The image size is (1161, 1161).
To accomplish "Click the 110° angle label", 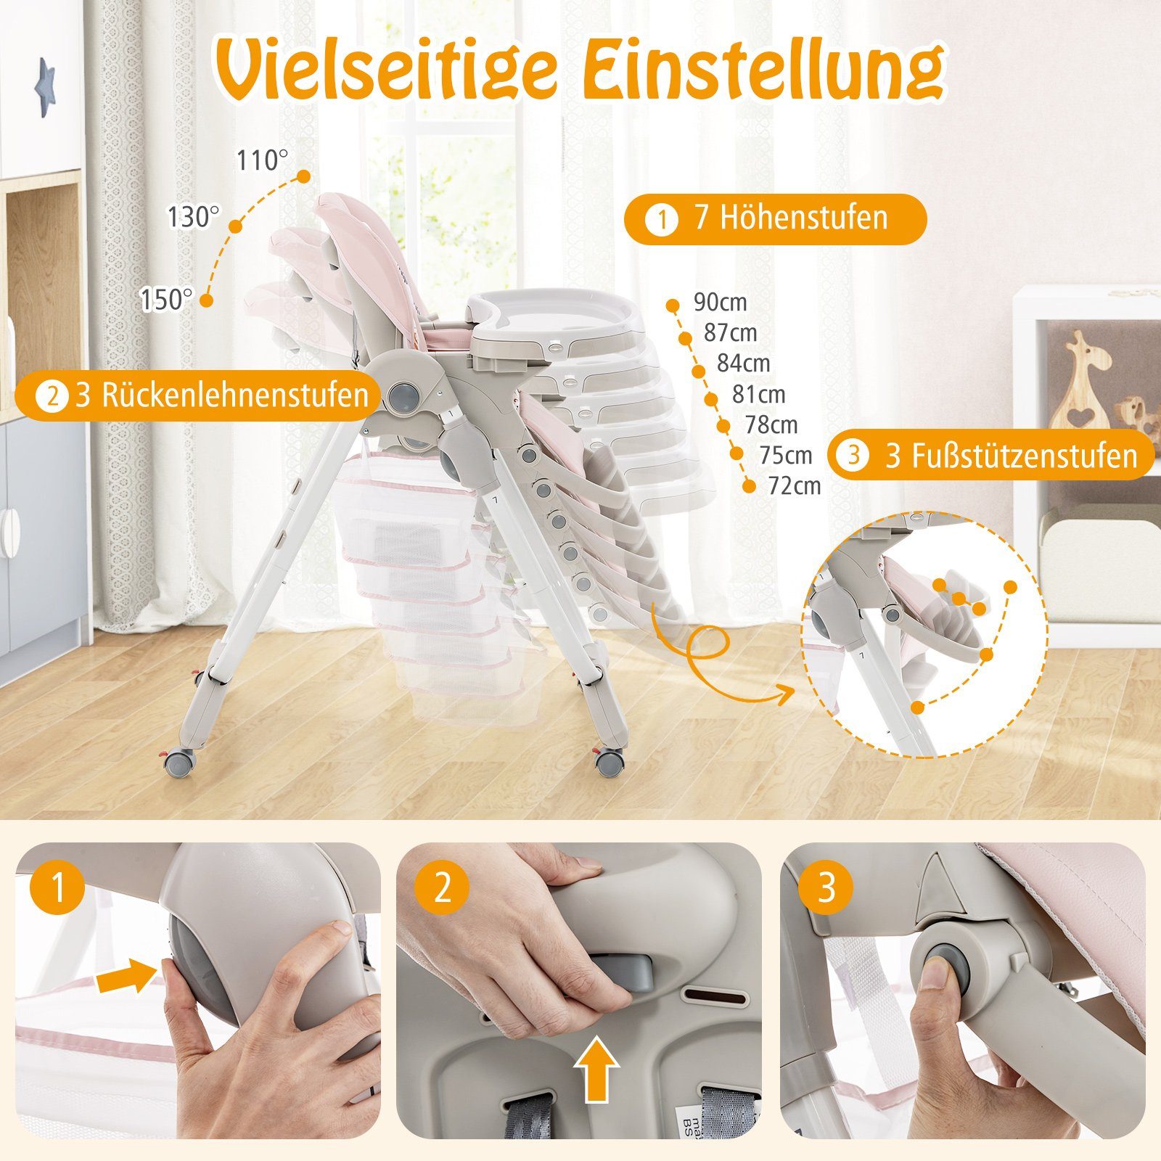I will point(262,160).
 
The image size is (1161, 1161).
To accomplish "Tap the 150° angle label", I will point(166,299).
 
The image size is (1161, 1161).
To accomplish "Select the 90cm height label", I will point(719,302).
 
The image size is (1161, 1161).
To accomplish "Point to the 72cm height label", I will point(794,485).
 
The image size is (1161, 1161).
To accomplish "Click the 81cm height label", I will point(758,394).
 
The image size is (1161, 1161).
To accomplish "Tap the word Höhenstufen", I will point(790,217).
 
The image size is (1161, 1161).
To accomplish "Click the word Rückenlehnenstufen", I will point(222,395).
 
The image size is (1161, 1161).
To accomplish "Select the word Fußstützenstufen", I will point(1011,456).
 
